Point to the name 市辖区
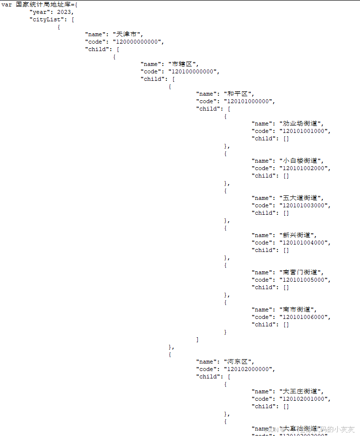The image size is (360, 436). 183,64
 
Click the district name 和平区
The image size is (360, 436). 239,94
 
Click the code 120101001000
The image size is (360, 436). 304,131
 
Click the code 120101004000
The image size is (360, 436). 304,243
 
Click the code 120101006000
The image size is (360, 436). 304,317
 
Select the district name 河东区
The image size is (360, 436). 239,362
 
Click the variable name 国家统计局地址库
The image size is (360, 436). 42,4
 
